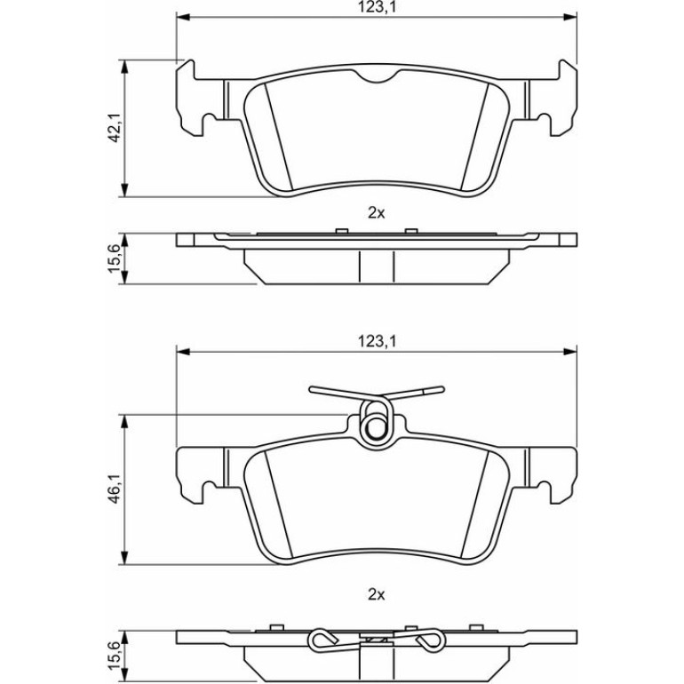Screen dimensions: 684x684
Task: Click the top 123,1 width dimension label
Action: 377,7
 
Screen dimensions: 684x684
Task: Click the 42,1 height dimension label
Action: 115,128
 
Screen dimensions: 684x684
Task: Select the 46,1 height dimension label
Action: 115,489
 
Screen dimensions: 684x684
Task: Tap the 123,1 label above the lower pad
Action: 377,341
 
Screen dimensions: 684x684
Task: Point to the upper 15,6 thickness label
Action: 115,258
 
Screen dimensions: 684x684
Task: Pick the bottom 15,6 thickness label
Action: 115,656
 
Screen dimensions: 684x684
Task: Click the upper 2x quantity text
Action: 377,213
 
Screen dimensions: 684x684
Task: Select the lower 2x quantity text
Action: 377,594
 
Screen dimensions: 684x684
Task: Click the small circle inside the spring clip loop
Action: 374,428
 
